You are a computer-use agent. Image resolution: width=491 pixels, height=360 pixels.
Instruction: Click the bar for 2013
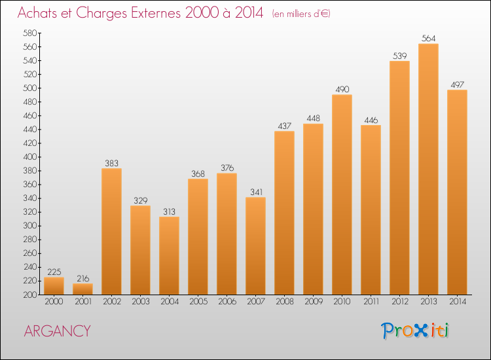tap(428, 169)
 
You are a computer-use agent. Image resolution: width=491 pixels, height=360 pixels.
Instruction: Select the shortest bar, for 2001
tap(82, 289)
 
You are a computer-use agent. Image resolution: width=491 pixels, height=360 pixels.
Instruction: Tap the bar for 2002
tap(111, 231)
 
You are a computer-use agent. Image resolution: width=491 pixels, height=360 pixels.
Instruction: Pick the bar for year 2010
tap(342, 194)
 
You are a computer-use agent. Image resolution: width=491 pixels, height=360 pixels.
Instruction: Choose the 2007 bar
tap(255, 245)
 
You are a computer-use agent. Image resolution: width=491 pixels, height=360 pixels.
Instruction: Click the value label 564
tap(428, 38)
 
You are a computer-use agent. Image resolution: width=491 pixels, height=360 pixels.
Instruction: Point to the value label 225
tap(54, 272)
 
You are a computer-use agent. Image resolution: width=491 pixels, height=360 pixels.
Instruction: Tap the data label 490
tap(342, 89)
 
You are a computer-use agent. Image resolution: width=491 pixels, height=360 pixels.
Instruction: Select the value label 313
tap(169, 211)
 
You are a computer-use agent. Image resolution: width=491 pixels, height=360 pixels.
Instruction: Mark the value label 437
tap(284, 126)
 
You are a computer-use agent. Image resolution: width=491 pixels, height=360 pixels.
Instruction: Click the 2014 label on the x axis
tap(458, 302)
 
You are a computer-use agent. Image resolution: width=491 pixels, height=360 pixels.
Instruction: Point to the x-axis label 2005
tap(198, 302)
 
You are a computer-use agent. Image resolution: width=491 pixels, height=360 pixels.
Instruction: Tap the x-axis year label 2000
tap(54, 302)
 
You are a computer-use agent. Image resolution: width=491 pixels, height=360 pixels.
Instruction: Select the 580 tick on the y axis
tap(29, 33)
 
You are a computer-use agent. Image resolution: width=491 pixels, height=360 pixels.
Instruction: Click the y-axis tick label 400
tap(29, 157)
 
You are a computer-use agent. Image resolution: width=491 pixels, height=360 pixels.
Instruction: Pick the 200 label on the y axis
tap(29, 295)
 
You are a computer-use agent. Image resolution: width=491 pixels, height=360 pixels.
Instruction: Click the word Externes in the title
tap(156, 12)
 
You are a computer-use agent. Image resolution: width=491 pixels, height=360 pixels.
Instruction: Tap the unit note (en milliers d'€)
tap(301, 14)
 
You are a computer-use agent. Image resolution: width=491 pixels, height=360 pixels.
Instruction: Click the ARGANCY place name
tap(58, 331)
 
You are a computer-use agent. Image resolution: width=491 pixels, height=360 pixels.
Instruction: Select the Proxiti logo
tap(414, 331)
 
